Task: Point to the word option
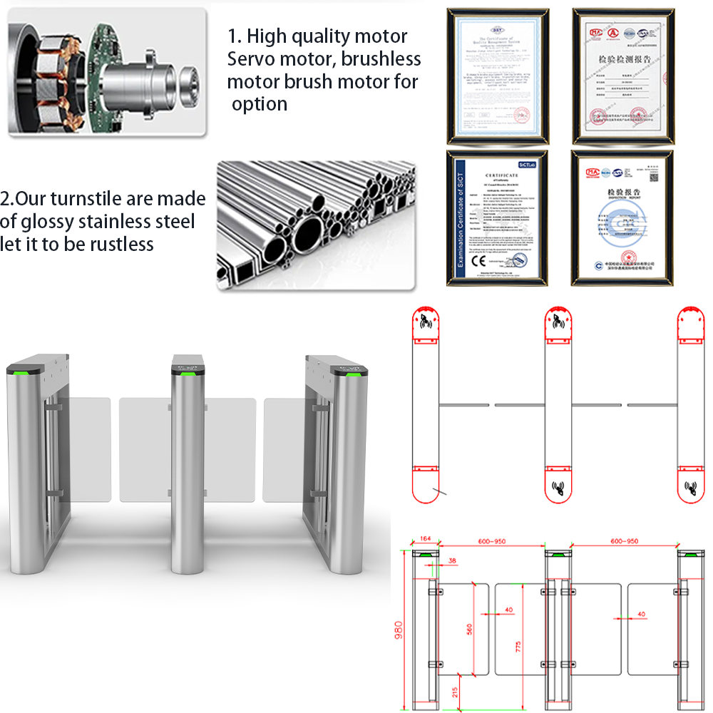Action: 260,103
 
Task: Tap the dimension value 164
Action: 426,539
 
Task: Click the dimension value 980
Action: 399,631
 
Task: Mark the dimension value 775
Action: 518,646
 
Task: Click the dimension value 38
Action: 452,561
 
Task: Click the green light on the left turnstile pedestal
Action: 16,370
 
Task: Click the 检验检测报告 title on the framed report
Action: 623,56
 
